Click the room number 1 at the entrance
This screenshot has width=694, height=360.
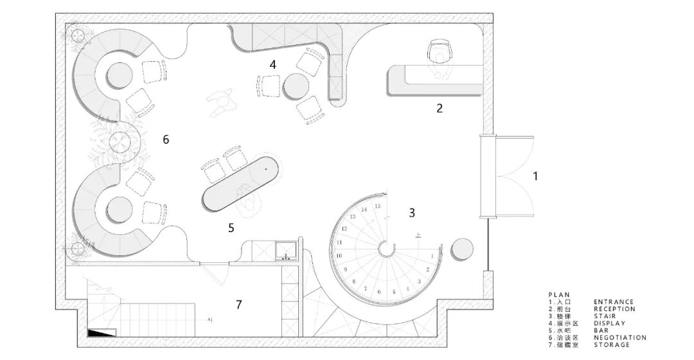(x=535, y=175)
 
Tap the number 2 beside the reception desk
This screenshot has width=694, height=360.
(x=440, y=108)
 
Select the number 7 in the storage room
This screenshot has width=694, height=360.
(x=238, y=304)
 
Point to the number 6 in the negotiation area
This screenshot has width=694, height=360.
(x=166, y=138)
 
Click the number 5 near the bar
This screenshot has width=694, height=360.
(x=231, y=228)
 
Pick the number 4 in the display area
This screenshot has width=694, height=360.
(x=273, y=64)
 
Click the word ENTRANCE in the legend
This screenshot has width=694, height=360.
(x=613, y=301)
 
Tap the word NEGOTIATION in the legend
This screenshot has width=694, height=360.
(x=619, y=337)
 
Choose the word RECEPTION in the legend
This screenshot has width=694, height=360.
(x=614, y=309)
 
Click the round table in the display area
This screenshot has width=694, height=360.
(x=296, y=86)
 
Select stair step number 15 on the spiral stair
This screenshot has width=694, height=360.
(x=378, y=206)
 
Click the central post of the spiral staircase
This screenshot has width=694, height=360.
(x=386, y=248)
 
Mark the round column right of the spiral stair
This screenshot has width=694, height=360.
(x=463, y=249)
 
